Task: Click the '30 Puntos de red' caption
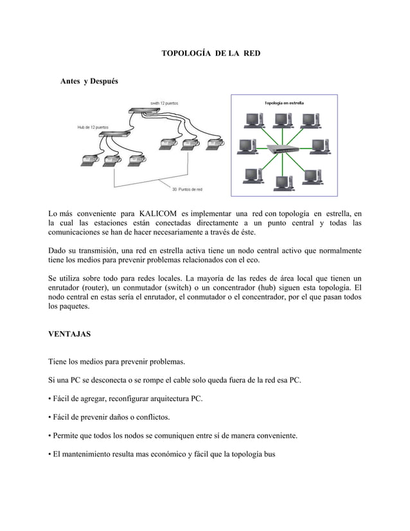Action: coord(188,189)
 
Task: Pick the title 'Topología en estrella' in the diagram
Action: coord(285,102)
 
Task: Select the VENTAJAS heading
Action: coord(69,335)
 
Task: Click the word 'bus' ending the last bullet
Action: coord(268,454)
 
